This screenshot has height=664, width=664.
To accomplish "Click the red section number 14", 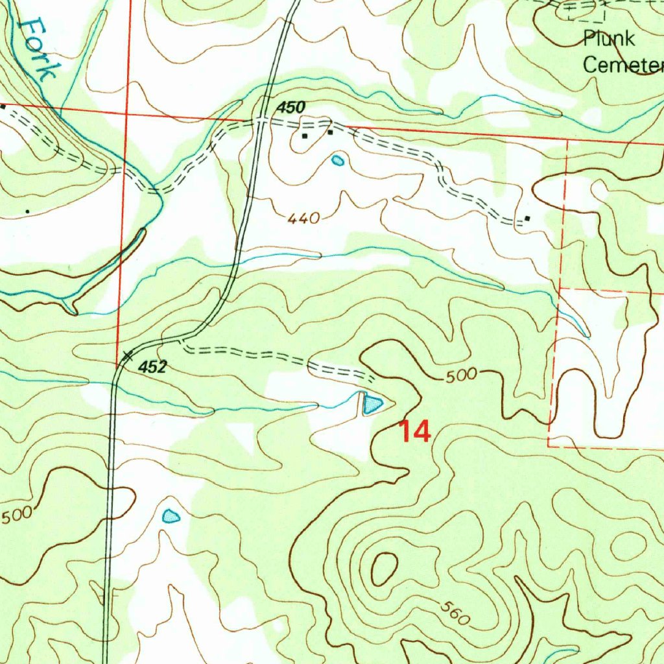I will tap(414, 431).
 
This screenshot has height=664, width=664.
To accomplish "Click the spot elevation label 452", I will tap(153, 367).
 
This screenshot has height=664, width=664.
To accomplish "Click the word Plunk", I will tap(609, 39).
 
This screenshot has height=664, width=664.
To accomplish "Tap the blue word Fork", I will tap(37, 49).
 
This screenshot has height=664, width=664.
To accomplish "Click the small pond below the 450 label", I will tap(337, 160).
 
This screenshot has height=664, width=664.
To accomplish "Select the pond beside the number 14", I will tap(372, 405).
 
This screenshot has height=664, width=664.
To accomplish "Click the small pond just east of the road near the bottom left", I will tap(170, 516).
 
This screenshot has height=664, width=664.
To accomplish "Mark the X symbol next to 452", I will tap(128, 355).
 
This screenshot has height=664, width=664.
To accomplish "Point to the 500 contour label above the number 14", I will tap(462, 375).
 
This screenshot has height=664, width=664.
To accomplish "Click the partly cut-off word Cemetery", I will tap(623, 65).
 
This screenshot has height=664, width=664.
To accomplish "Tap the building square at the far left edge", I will tap(3, 106).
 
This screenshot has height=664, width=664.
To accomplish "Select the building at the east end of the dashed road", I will tap(527, 219).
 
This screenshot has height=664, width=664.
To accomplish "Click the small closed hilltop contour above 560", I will tap(383, 567).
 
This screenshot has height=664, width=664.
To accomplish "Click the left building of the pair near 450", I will tap(305, 136).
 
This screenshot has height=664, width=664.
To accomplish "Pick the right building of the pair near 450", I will tap(329, 132).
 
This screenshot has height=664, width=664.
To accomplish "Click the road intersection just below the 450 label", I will tap(261, 121).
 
